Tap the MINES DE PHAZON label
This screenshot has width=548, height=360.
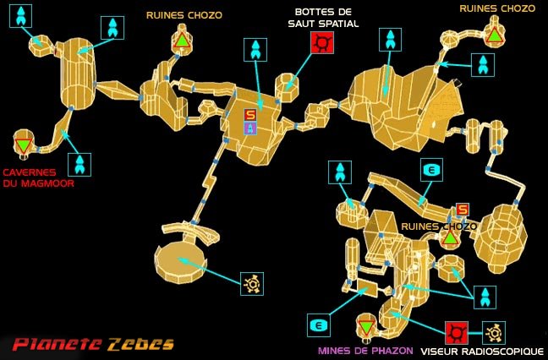(x=365, y=351)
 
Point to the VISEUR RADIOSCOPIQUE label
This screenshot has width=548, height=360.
(x=484, y=351)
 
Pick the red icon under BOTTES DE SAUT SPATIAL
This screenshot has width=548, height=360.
(x=322, y=42)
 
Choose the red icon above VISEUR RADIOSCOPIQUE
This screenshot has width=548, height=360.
(x=457, y=332)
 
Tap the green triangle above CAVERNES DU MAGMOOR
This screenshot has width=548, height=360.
(x=24, y=145)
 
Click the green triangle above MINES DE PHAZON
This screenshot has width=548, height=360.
(x=365, y=326)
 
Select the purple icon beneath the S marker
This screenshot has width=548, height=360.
(x=249, y=128)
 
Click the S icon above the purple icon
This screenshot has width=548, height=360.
(x=249, y=115)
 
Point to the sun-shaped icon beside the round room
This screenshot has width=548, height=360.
(x=251, y=284)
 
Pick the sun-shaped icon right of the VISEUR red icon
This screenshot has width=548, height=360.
(x=493, y=332)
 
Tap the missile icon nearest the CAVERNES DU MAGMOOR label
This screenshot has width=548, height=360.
(x=79, y=164)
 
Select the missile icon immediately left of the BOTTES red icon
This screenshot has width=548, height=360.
(x=255, y=50)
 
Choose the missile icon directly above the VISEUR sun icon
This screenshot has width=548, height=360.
(x=485, y=297)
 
